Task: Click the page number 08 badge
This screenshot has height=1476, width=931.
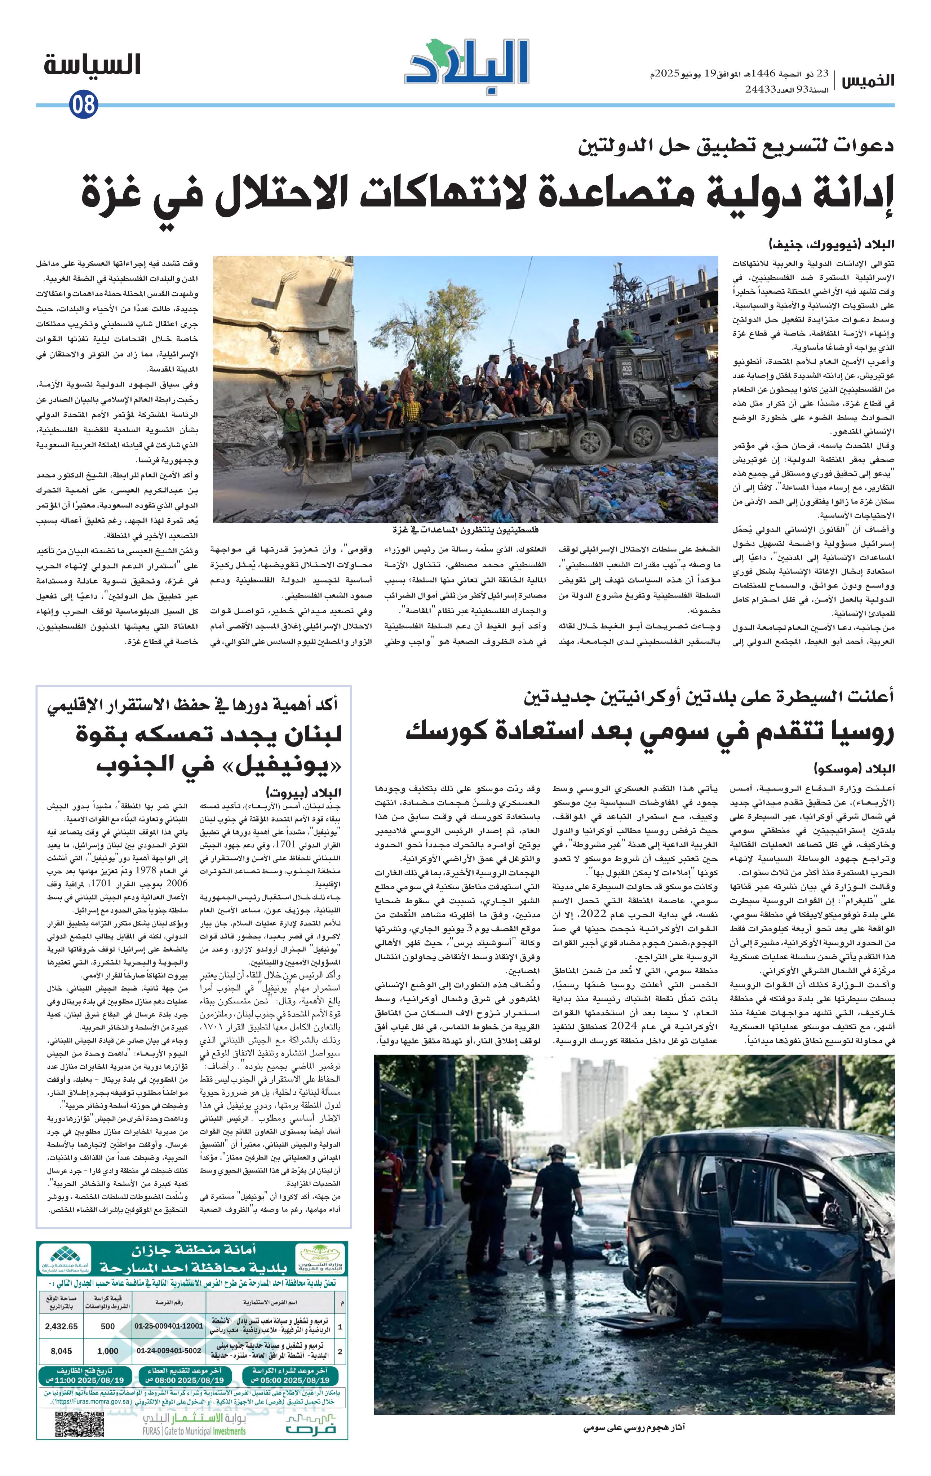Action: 83,104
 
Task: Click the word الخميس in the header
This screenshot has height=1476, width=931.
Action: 866,81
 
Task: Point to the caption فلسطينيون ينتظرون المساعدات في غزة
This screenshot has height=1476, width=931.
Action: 465,529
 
